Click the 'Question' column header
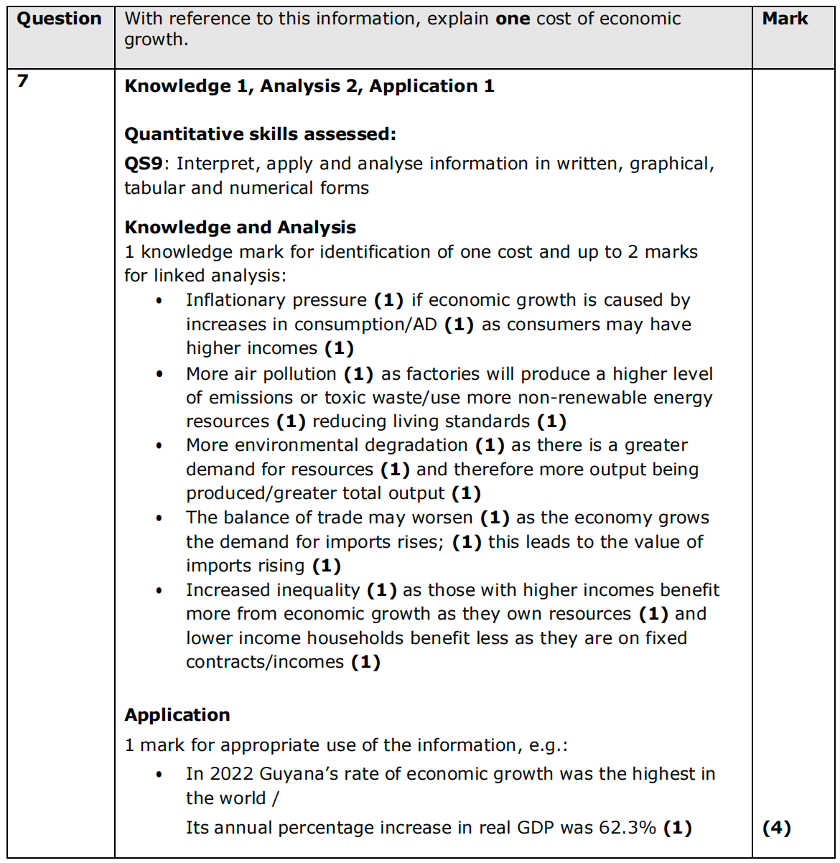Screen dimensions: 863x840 point(60,19)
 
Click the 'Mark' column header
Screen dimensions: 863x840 point(785,19)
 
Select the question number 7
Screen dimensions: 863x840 point(23,81)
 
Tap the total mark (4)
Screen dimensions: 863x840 point(776,828)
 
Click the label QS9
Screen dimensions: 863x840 point(144,164)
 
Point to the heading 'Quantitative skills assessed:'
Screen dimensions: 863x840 point(260,134)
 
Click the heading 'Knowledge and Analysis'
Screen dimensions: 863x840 point(240,228)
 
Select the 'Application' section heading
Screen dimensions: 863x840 point(177,715)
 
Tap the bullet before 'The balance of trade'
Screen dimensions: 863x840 point(159,518)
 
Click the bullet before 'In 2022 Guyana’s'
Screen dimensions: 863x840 point(159,775)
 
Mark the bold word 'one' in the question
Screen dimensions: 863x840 point(513,19)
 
